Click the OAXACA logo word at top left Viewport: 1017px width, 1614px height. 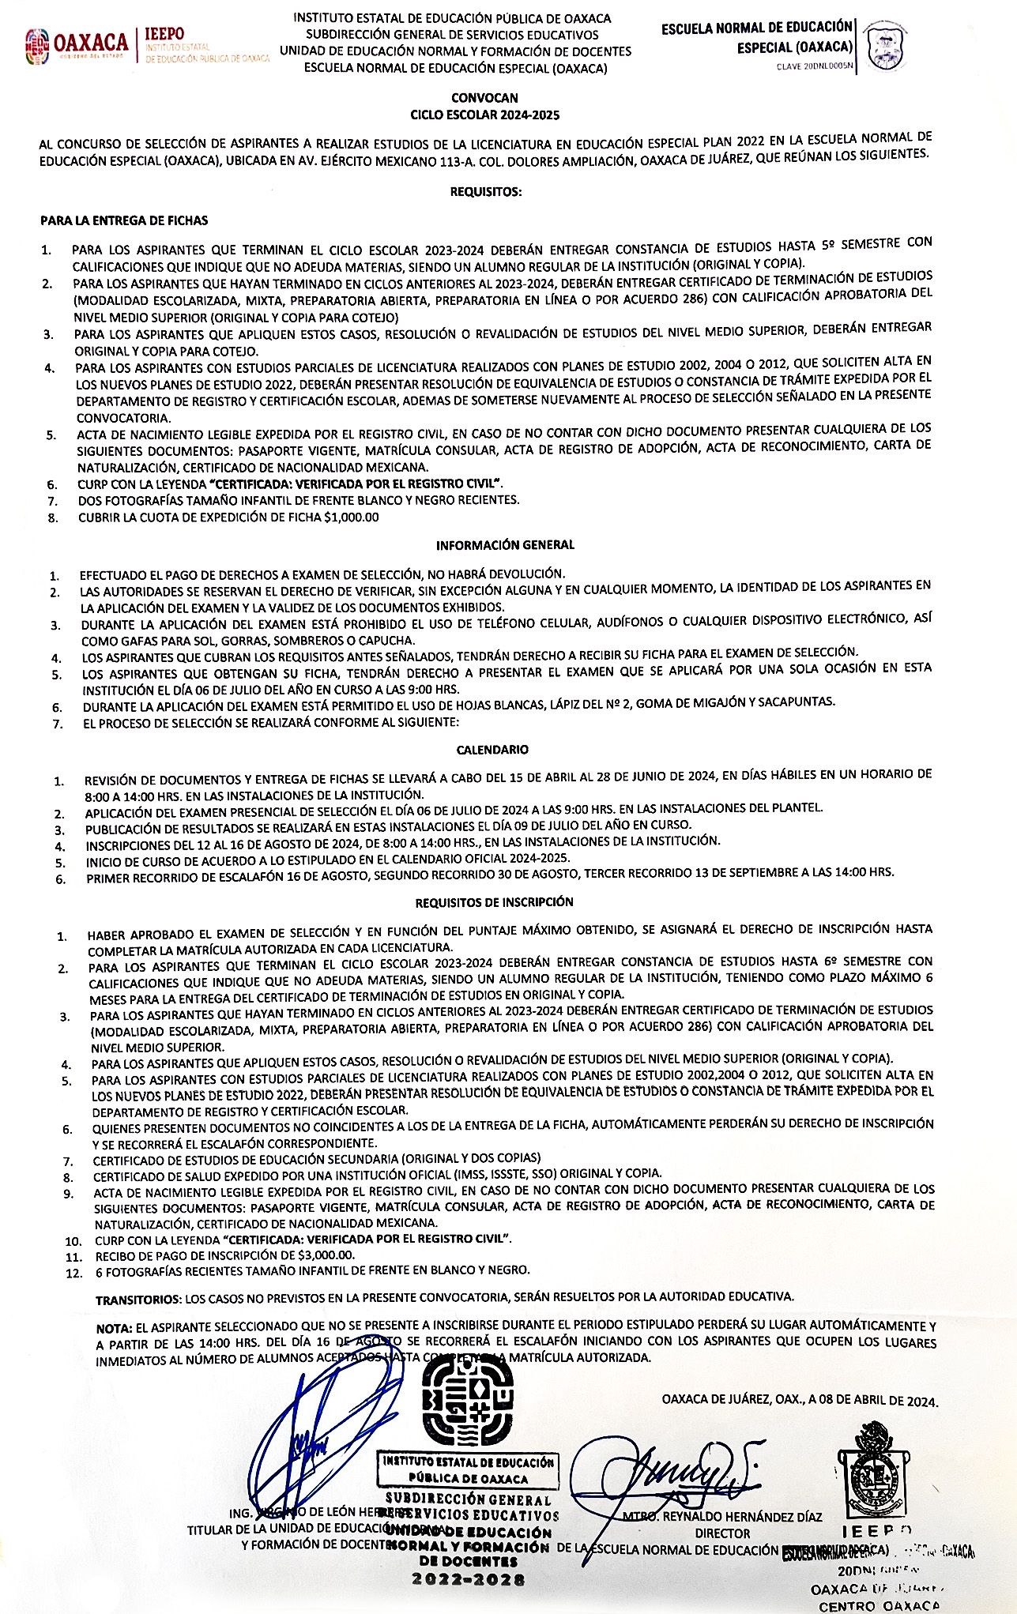pyautogui.click(x=91, y=42)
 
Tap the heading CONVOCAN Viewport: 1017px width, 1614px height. pyautogui.click(x=484, y=98)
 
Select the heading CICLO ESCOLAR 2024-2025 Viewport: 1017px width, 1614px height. pyautogui.click(x=484, y=115)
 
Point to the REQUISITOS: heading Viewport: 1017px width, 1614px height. pyautogui.click(x=486, y=192)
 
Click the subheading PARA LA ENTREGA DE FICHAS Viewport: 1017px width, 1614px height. pyautogui.click(x=124, y=220)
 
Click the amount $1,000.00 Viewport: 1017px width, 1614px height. pyautogui.click(x=351, y=517)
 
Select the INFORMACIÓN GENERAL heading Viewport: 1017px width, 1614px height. pyautogui.click(x=505, y=545)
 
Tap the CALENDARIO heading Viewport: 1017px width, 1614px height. pyautogui.click(x=492, y=750)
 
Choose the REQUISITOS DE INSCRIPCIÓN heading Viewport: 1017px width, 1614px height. pyautogui.click(x=495, y=902)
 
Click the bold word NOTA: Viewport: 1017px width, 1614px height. pyautogui.click(x=114, y=1327)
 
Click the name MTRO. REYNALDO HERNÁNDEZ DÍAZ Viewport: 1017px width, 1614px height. pyautogui.click(x=721, y=1517)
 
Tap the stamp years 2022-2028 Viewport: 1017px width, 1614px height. pyautogui.click(x=468, y=1580)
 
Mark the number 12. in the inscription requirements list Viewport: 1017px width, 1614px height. pyautogui.click(x=74, y=1273)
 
